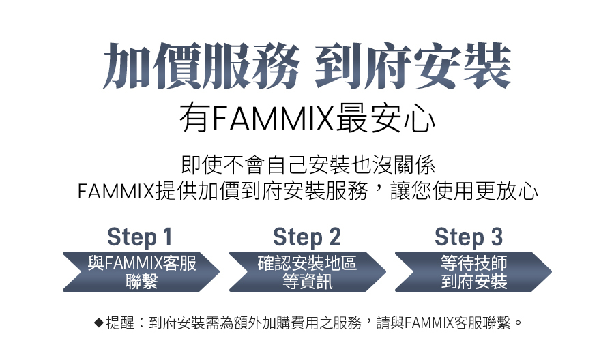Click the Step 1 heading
point(139,237)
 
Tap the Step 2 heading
point(306,237)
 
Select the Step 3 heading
point(469,237)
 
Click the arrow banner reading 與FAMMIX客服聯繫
point(141,271)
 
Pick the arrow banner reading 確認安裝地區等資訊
point(308,271)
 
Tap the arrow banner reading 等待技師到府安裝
point(473,271)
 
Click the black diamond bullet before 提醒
point(99,323)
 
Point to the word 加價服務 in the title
point(201,65)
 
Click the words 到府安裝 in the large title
point(413,65)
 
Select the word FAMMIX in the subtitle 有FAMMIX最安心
point(272,118)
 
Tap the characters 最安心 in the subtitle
point(385,118)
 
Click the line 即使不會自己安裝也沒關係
point(308,165)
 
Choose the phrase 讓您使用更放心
point(465,192)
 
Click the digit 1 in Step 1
point(167,237)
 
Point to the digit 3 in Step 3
point(497,237)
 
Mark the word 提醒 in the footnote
point(120,323)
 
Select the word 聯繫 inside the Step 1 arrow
point(141,282)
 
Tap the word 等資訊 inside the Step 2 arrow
point(308,282)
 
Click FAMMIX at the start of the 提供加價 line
point(116,192)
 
